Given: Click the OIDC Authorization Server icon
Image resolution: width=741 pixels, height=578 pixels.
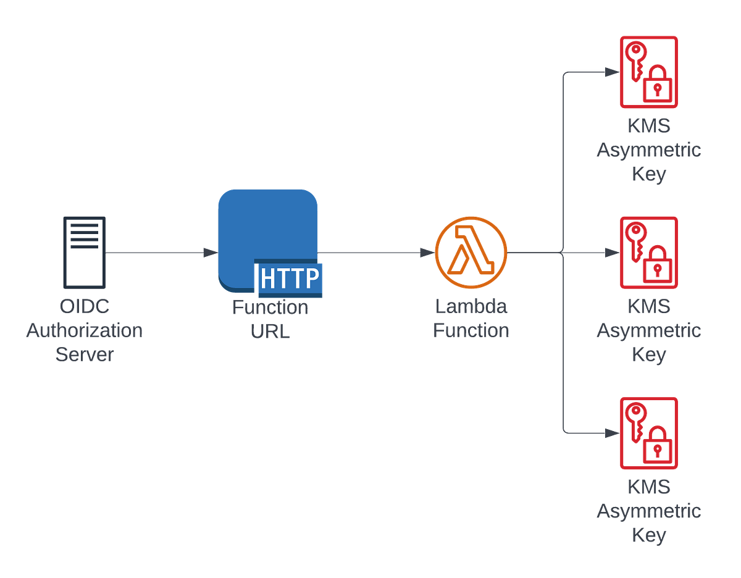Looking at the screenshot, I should (85, 252).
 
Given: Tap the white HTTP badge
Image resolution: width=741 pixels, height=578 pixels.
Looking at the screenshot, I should (289, 278).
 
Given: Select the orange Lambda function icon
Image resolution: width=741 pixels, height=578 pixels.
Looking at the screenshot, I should (471, 252).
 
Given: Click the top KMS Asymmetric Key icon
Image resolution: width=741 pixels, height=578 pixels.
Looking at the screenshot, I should (648, 71).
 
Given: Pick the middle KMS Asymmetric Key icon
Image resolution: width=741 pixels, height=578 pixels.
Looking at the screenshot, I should (648, 252).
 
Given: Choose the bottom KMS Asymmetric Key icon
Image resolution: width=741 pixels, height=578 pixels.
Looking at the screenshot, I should (648, 432).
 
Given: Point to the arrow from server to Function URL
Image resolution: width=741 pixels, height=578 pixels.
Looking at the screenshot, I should (161, 253).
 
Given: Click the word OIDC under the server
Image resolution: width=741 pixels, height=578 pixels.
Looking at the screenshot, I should (84, 307).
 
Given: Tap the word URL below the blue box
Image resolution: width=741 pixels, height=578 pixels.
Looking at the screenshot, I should (270, 332).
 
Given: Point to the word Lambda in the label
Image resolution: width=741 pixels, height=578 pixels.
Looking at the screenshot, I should (471, 307).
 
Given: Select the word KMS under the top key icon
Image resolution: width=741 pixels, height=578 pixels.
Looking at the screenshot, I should (648, 127).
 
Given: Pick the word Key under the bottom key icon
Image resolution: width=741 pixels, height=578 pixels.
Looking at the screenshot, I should (648, 535).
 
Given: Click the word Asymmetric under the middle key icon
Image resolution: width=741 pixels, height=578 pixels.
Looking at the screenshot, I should (648, 331).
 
